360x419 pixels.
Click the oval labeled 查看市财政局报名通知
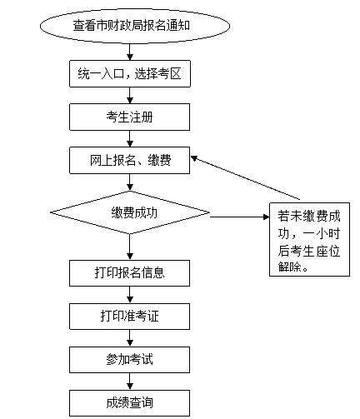[x=135, y=26]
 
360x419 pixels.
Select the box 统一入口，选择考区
[x=130, y=73]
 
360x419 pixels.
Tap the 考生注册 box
[x=129, y=117]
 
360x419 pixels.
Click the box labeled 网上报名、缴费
[x=129, y=160]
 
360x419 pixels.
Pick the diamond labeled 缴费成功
[x=130, y=212]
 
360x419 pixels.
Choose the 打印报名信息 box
[x=129, y=273]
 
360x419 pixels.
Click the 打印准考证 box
[x=129, y=317]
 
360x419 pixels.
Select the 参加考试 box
[x=129, y=360]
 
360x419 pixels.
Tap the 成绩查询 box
[x=129, y=403]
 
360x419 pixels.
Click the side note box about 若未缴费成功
[x=309, y=239]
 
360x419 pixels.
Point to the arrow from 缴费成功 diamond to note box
[x=239, y=217]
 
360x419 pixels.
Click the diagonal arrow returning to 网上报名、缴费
[x=246, y=178]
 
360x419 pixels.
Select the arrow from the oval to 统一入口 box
[x=130, y=52]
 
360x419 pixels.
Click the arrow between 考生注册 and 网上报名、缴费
[x=130, y=139]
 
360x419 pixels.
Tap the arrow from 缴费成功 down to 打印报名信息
[x=130, y=247]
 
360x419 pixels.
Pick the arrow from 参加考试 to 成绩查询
[x=130, y=382]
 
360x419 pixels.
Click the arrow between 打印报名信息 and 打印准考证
[x=130, y=295]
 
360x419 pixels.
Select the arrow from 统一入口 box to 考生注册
[x=130, y=96]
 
